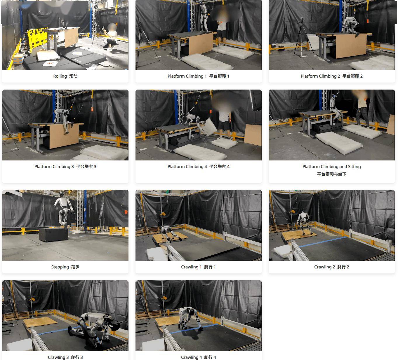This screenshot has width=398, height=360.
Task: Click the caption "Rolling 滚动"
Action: pyautogui.click(x=65, y=76)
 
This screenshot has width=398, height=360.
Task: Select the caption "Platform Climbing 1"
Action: pyautogui.click(x=187, y=76)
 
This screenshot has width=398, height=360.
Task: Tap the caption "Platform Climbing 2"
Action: pyautogui.click(x=320, y=76)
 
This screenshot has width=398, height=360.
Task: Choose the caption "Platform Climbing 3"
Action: pyautogui.click(x=54, y=167)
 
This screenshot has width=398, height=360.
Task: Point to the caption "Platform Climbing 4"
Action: pyautogui.click(x=187, y=167)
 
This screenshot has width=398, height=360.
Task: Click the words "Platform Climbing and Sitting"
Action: pyautogui.click(x=331, y=167)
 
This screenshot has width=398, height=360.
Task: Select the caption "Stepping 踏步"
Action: pyautogui.click(x=65, y=267)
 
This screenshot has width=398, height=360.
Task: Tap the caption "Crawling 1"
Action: pyautogui.click(x=191, y=267)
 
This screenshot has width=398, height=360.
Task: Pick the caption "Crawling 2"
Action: pyautogui.click(x=324, y=267)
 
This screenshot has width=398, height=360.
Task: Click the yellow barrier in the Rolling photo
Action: pyautogui.click(x=37, y=37)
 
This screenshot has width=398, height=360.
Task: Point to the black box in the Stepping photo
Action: pyautogui.click(x=53, y=235)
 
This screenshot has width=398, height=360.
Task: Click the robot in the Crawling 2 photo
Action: pyautogui.click(x=303, y=223)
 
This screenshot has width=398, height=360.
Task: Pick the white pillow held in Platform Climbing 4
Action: pyautogui.click(x=209, y=127)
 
